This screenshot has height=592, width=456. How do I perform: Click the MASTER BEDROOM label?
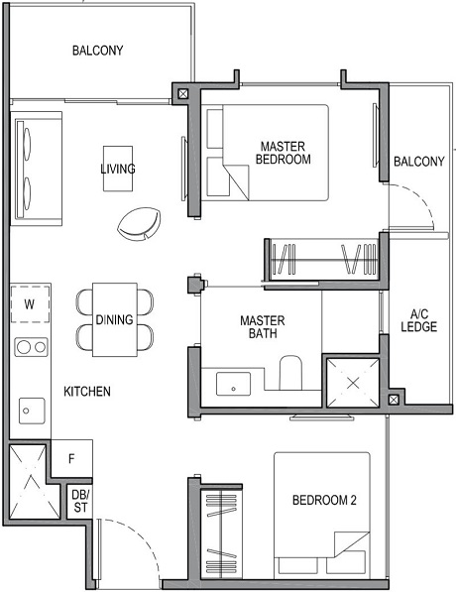pos(283,152)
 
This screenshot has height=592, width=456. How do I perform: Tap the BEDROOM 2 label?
pos(323,501)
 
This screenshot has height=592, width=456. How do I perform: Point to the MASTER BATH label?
pos(263,327)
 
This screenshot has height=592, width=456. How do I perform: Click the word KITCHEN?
pos(87,392)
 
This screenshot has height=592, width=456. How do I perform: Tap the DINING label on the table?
pos(116,319)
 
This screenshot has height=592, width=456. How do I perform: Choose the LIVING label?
pos(117,170)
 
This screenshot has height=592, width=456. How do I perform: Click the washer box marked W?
pos(30,305)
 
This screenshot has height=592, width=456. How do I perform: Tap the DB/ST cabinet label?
pos(80,501)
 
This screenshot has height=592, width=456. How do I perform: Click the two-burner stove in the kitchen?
pos(32,347)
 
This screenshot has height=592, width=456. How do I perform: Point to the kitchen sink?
pos(31,408)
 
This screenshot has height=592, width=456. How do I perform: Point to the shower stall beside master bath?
pos(352,381)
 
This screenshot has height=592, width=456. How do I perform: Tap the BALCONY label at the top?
pos(97,51)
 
